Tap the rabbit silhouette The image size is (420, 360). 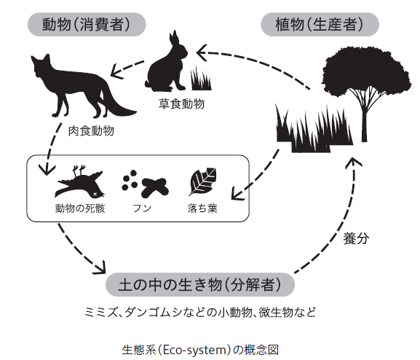pos(167,67)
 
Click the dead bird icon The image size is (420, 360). pos(79,183)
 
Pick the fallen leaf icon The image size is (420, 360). pos(202,181)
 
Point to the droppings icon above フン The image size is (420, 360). pos(145,184)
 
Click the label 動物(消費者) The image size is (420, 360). pos(87,24)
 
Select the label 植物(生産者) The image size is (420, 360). pos(320,24)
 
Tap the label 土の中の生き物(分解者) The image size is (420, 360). pos(200,285)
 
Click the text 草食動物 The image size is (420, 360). pos(181,103)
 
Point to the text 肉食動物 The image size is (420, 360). pos(91,131)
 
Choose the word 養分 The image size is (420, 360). pos(356,238)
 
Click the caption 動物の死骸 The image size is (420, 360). pos(80,208)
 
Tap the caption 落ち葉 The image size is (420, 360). pos(202,208)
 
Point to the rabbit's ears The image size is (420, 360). pos(173,38)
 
